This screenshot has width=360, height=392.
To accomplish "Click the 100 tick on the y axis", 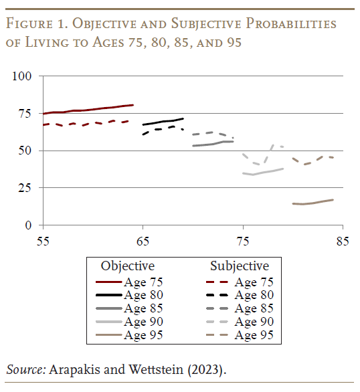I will tap(23, 76).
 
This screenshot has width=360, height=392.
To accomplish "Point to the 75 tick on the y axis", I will tap(25, 114).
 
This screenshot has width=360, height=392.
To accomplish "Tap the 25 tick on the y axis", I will tap(25, 188).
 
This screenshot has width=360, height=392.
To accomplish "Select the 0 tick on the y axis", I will tap(28, 225).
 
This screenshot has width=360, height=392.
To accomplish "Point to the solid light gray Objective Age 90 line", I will tap(262, 172).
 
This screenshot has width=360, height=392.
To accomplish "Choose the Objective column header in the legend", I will tap(128, 266).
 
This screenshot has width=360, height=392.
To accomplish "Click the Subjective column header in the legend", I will tap(240, 266).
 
